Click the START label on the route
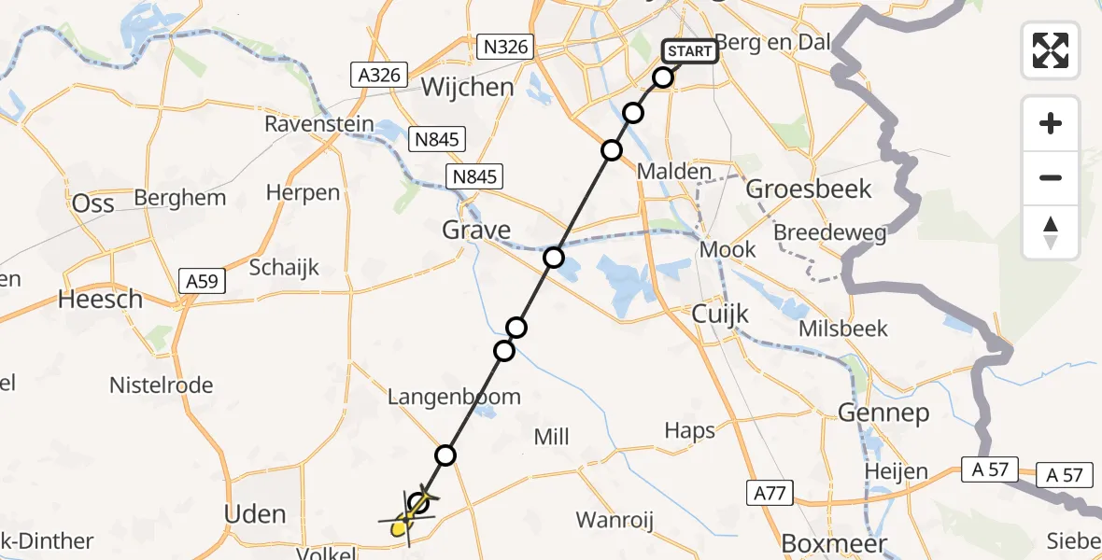click(x=690, y=50)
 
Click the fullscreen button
click(x=1051, y=50)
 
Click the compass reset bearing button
click(x=1051, y=232)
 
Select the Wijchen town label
click(x=468, y=88)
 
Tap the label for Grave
click(x=477, y=230)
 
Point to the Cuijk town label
click(x=720, y=315)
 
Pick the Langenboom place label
click(x=455, y=397)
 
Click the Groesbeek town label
click(x=810, y=189)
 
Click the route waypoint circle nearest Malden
click(x=612, y=150)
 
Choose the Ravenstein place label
click(x=319, y=124)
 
